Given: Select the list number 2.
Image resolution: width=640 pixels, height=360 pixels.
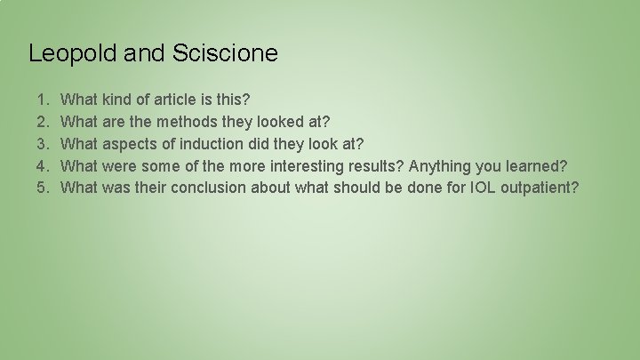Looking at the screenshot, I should pos(45,120).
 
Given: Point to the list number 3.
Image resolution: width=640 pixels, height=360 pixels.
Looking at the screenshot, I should pos(45,143).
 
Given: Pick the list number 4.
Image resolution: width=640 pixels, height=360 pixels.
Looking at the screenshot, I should pos(45,165).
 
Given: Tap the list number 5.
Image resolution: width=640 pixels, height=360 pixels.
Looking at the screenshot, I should pos(45,188).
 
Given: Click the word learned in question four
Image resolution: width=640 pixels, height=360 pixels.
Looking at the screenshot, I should pos(538,165).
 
